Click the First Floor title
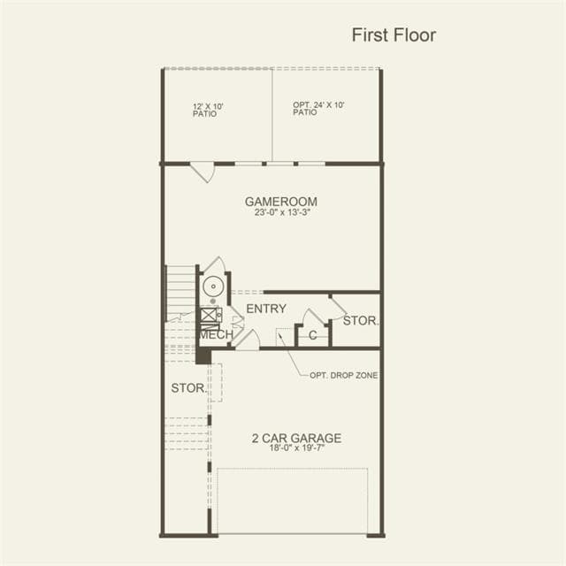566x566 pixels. coord(394,35)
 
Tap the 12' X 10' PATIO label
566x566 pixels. coord(208,110)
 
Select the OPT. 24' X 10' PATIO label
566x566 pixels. coord(318,108)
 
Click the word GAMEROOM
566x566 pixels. coord(281,202)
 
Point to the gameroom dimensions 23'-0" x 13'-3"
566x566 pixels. coord(282,212)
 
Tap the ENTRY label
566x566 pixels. coord(266,309)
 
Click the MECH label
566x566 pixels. coord(217,334)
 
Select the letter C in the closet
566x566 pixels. coord(312,335)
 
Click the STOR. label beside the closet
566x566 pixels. coord(361,320)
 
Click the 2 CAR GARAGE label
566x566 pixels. coord(297,438)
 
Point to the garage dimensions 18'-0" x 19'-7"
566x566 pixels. coord(297,448)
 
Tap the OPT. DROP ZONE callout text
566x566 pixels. coord(344,375)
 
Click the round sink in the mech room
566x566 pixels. coord(213,287)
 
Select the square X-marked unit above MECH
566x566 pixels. coord(209,315)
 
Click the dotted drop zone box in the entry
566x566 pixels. coord(285,337)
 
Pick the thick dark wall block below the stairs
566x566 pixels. coord(203,356)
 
